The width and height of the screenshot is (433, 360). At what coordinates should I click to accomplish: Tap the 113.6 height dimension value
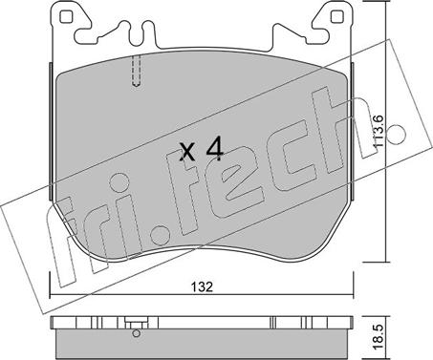click(379, 131)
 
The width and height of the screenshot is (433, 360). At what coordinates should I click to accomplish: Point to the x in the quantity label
click(187, 152)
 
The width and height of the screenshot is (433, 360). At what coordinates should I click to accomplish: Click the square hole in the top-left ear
click(65, 16)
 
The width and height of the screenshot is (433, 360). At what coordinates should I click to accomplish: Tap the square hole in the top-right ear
click(336, 16)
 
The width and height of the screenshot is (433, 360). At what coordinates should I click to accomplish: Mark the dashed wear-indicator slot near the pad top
click(137, 71)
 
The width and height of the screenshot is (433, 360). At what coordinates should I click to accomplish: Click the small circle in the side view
click(137, 333)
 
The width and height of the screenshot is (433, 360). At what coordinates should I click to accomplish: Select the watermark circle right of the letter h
click(396, 134)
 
